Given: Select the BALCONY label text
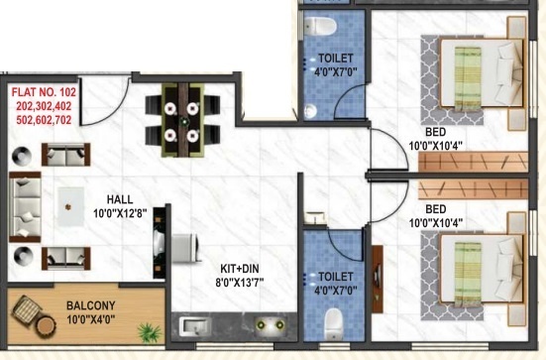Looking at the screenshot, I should pyautogui.click(x=94, y=306).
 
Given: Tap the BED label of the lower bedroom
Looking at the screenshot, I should pyautogui.click(x=435, y=210).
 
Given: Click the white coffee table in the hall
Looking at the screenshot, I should pyautogui.click(x=68, y=205).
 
